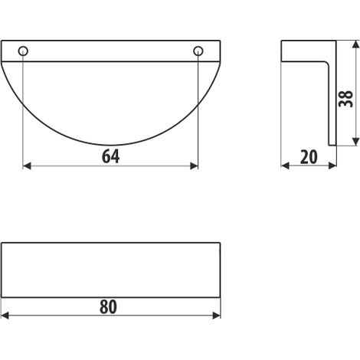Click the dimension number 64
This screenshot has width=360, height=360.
(x=110, y=156)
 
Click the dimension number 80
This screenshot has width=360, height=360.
(x=108, y=307)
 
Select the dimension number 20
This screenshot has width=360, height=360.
(x=309, y=157)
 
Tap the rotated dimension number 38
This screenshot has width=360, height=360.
(x=345, y=99)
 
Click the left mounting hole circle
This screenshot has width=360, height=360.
(x=23, y=51)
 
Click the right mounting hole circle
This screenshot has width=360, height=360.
(x=198, y=51)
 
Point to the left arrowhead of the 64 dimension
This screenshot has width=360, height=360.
(x=27, y=166)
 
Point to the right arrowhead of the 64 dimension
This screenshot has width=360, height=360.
(x=195, y=166)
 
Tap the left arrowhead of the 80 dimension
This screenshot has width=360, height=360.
(x=5, y=316)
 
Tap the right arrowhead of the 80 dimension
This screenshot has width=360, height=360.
(x=217, y=316)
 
